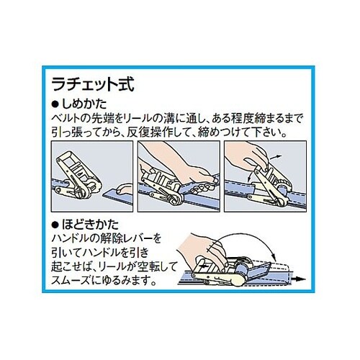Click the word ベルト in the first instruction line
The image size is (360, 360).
(x=66, y=118)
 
